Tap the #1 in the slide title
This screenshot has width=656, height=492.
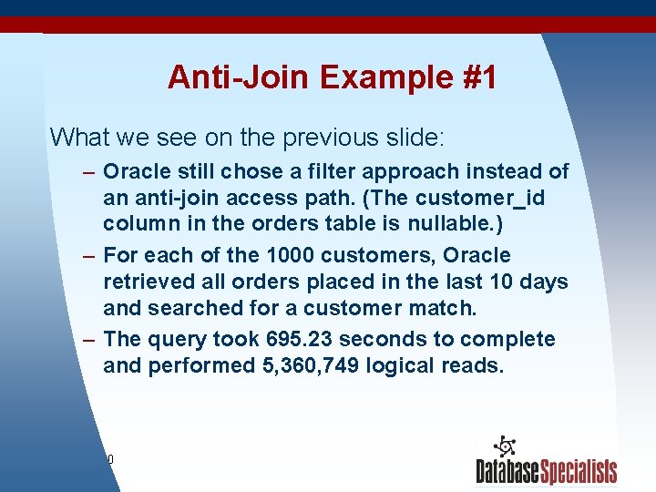point(478,77)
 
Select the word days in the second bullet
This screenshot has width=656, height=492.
point(543,282)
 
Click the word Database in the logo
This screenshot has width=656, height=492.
point(507,472)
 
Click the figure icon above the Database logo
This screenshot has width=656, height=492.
point(503,446)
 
